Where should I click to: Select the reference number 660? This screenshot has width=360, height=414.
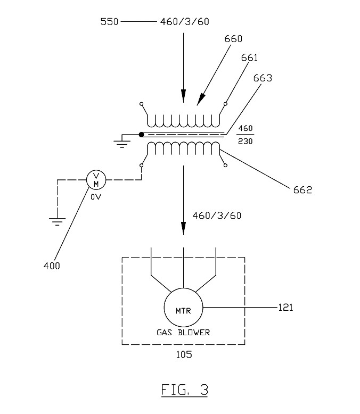tap(233, 39)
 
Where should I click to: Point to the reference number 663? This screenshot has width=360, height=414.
tap(263, 78)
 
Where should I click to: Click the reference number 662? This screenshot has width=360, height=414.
tap(302, 190)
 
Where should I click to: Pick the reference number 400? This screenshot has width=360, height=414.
tap(51, 266)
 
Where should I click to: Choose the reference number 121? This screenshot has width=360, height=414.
tap(285, 307)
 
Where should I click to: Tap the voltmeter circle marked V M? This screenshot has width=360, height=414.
tap(96, 179)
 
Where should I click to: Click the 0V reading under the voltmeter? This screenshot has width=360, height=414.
tap(96, 196)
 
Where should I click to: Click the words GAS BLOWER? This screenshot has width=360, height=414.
tap(184, 333)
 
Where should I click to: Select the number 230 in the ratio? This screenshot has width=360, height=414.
tap(246, 142)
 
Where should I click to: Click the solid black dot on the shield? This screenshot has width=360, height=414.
tap(141, 134)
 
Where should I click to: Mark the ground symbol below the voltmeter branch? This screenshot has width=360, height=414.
tap(58, 219)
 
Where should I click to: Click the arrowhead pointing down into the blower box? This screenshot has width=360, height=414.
tap(184, 229)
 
